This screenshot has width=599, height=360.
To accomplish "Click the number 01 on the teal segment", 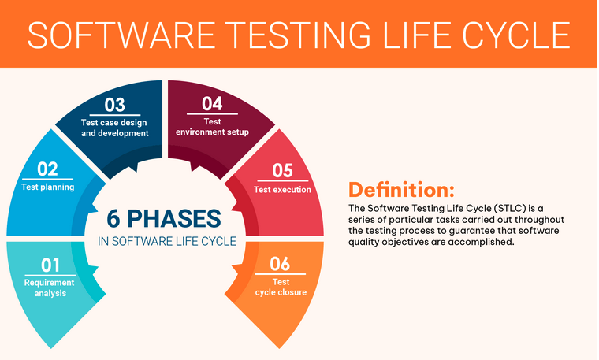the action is point(50,265).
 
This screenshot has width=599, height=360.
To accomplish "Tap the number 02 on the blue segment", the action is point(47,169).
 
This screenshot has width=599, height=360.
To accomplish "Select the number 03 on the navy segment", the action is point(114,105).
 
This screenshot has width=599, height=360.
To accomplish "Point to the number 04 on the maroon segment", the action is point(212,104).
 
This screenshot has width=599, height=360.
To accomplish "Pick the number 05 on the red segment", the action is point(282,171).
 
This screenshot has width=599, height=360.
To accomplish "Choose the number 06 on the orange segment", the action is point(280,264).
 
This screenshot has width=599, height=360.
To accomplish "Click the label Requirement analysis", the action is point(50,288).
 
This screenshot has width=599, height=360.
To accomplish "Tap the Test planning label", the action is point(48,187).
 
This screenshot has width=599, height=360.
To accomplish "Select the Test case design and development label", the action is point(114,128).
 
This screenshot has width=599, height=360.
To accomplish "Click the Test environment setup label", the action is point(212,127).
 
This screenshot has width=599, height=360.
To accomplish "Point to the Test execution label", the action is point(282,190).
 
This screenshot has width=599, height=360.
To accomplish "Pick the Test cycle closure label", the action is point(281,287).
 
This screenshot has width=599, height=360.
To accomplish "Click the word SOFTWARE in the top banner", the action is point(122,35).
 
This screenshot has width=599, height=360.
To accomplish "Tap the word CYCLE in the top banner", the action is point(516,35).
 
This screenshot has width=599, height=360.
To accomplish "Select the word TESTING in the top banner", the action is point(300,35).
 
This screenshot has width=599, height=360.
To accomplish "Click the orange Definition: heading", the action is point(401,190).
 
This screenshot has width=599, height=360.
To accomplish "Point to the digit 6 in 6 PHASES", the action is point(113,219).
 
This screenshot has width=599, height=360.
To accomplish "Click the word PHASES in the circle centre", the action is point(174,219).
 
